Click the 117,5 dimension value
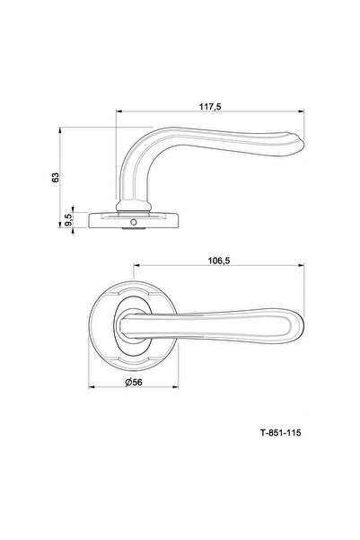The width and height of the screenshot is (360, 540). [210, 107]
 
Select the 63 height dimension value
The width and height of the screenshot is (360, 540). [56, 177]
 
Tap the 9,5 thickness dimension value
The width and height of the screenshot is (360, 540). [68, 220]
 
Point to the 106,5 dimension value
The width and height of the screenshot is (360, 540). [218, 261]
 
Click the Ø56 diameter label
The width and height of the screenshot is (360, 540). [134, 382]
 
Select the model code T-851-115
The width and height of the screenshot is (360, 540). [280, 432]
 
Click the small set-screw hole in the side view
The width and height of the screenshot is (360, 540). [134, 223]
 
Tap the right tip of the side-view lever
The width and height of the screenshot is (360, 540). [303, 145]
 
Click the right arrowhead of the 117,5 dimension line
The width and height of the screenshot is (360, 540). [302, 111]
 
